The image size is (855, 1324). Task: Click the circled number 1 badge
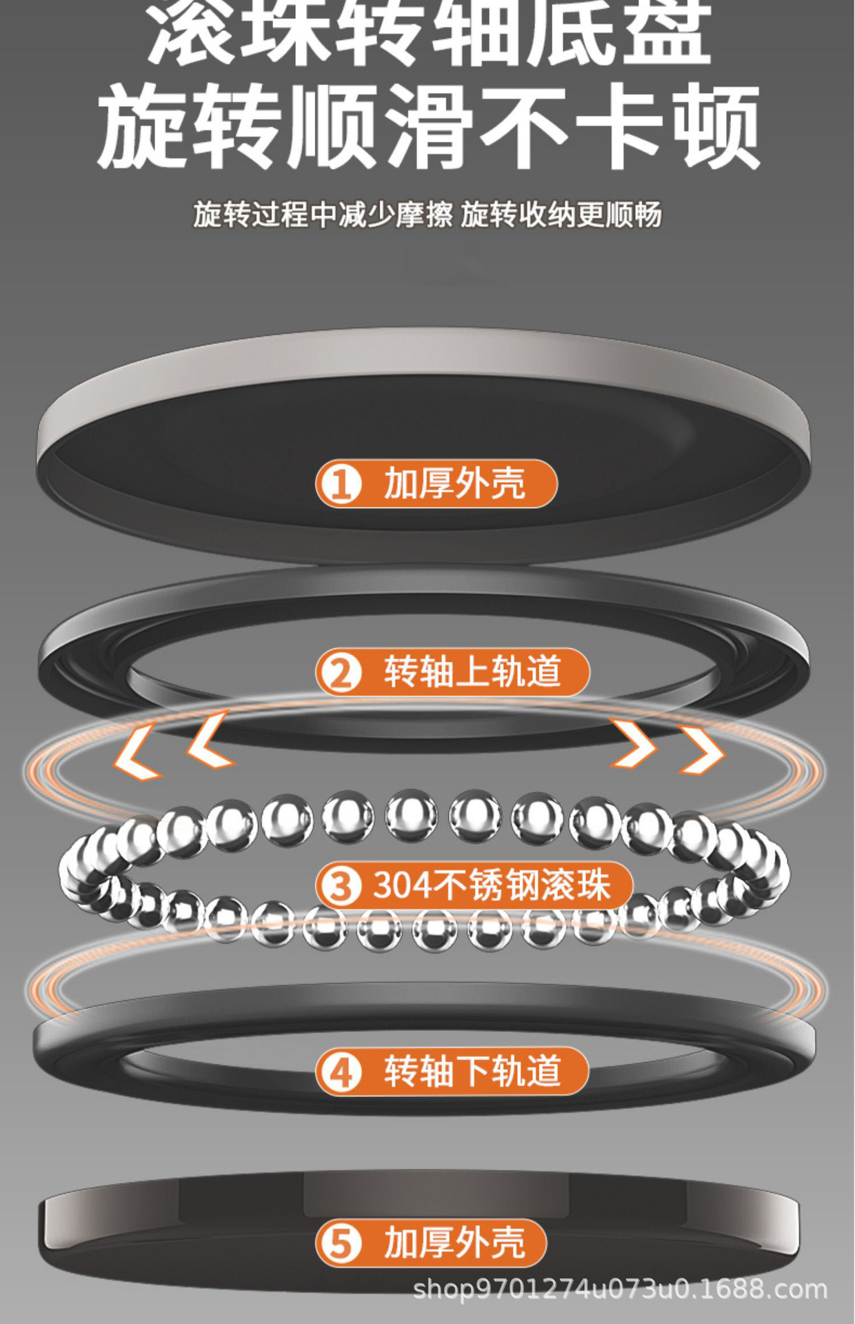point(341,483)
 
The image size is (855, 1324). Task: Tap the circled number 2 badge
point(341,672)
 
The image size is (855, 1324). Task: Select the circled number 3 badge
point(341,885)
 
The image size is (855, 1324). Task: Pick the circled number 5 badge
point(341,1243)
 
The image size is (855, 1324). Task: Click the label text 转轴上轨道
point(472,672)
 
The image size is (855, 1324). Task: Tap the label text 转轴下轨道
point(472,1072)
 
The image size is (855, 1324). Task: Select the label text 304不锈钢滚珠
point(492,885)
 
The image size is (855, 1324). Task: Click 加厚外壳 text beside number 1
point(454,483)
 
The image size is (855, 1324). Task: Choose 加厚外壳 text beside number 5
point(454,1243)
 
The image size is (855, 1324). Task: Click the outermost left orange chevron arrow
point(137,752)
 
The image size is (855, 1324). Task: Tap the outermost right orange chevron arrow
point(703,750)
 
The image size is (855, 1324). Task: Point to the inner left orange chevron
point(211,740)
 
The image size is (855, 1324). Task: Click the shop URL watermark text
point(620,1288)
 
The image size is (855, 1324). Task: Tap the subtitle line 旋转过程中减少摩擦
point(323,214)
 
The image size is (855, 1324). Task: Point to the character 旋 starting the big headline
point(141,128)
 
